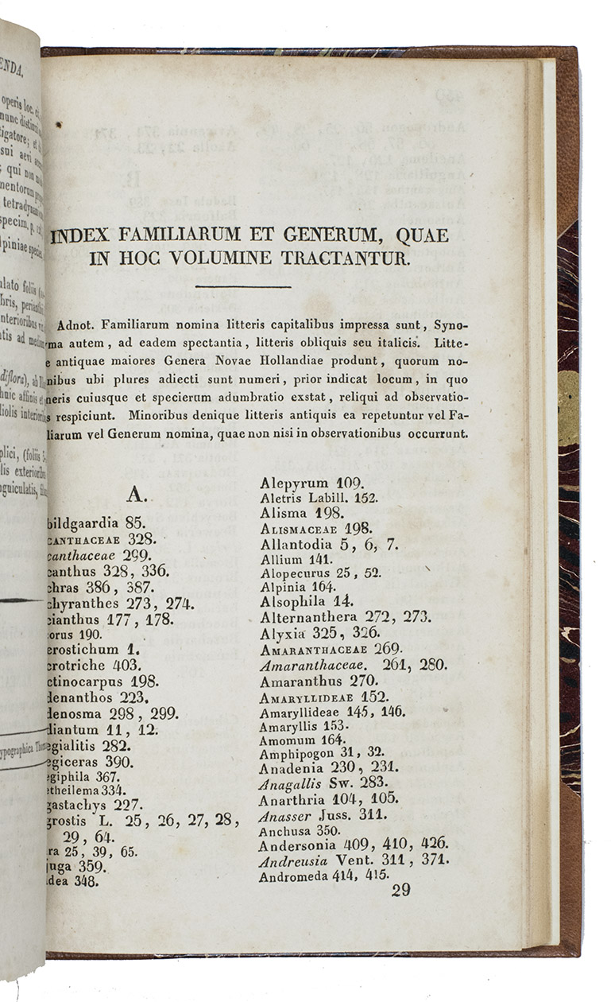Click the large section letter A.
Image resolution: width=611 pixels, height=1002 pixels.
pyautogui.click(x=135, y=495)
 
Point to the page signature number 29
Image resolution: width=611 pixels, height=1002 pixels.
pyautogui.click(x=400, y=890)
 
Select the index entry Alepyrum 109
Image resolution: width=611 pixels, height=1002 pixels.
pyautogui.click(x=311, y=483)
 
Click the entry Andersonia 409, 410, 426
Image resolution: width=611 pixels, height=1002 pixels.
pyautogui.click(x=354, y=844)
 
